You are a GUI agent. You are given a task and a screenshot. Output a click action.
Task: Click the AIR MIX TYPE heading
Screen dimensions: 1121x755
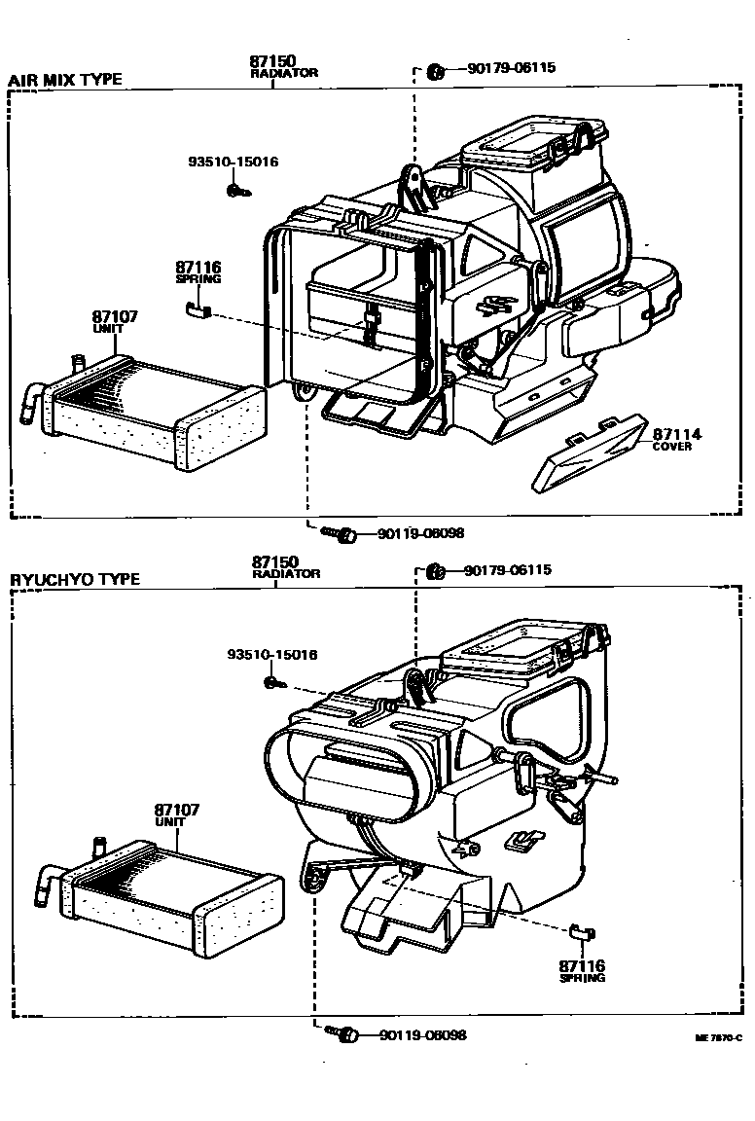pyautogui.click(x=66, y=80)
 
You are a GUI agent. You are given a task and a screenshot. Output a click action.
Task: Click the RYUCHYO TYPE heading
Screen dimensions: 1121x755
pyautogui.click(x=75, y=579)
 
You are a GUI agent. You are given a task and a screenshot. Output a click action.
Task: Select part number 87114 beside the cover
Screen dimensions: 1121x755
pyautogui.click(x=676, y=434)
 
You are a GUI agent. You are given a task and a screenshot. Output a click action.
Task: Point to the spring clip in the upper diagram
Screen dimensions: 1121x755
pyautogui.click(x=198, y=309)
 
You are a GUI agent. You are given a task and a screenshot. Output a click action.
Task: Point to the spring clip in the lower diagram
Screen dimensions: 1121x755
pyautogui.click(x=581, y=932)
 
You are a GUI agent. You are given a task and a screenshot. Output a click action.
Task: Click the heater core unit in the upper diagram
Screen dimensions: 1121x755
pyautogui.click(x=156, y=413)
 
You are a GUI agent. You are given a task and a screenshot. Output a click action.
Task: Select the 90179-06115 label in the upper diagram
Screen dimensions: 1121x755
pyautogui.click(x=511, y=68)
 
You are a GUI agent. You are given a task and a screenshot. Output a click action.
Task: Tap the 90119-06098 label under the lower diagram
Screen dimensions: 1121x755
pyautogui.click(x=422, y=1034)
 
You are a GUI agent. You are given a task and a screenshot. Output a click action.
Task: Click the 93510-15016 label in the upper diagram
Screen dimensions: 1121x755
pyautogui.click(x=233, y=162)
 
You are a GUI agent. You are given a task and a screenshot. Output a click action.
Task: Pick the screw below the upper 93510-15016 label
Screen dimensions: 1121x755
pyautogui.click(x=235, y=191)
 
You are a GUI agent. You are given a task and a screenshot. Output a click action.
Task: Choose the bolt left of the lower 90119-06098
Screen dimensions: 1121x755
pyautogui.click(x=341, y=1032)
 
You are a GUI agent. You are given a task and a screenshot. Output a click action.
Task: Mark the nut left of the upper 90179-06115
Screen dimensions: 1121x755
pyautogui.click(x=436, y=69)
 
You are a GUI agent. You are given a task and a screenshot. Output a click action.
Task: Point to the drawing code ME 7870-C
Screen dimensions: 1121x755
pyautogui.click(x=718, y=1038)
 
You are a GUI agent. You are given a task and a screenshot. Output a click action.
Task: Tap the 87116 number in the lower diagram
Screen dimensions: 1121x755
pyautogui.click(x=582, y=965)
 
